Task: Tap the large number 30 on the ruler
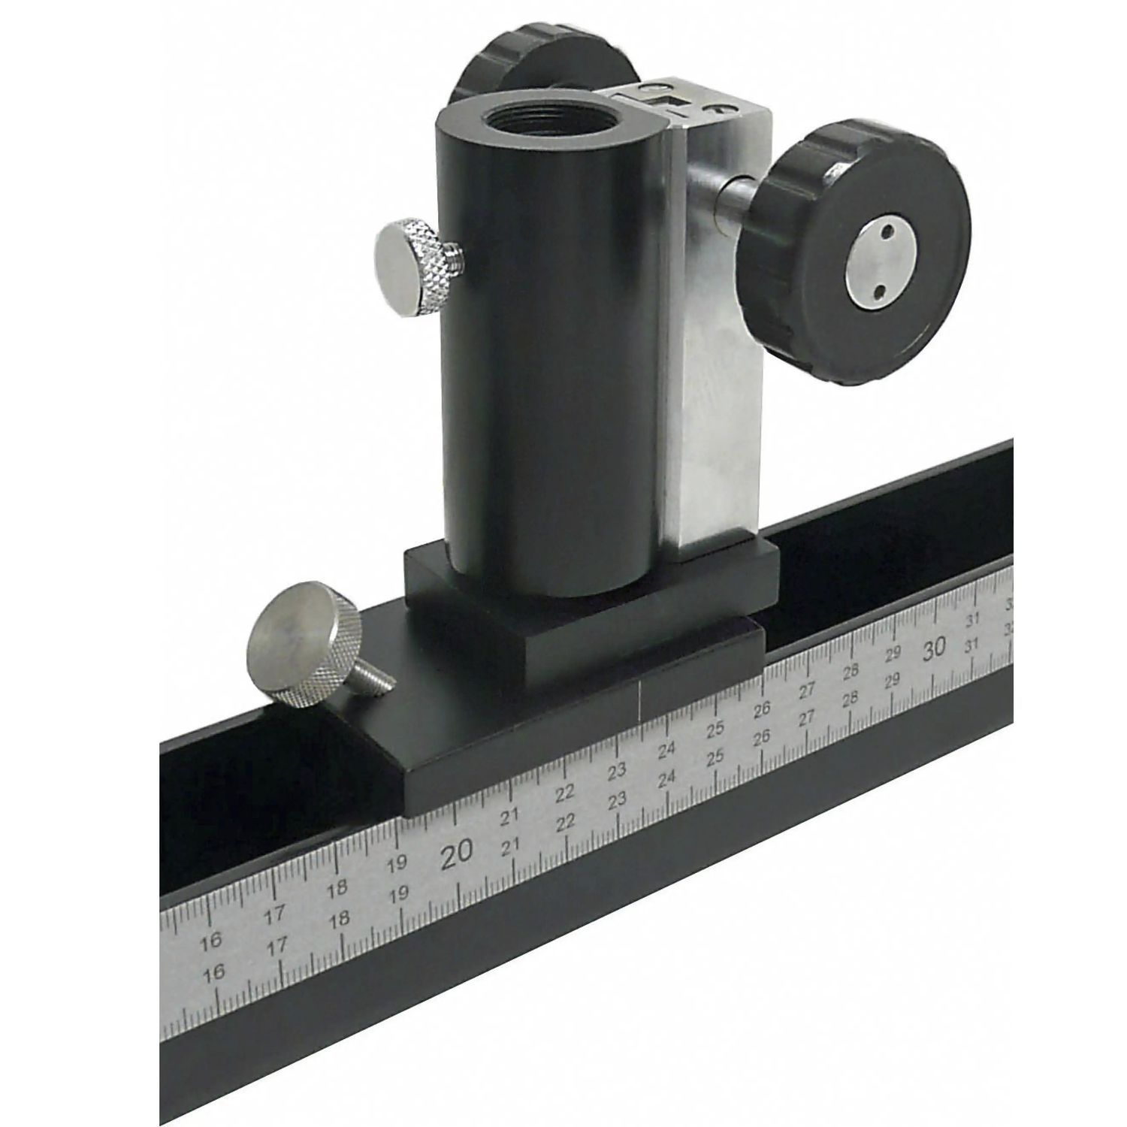pos(935,648)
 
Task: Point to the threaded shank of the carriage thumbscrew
pos(376,681)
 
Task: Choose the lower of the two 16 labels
pos(214,973)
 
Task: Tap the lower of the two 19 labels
pos(399,893)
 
